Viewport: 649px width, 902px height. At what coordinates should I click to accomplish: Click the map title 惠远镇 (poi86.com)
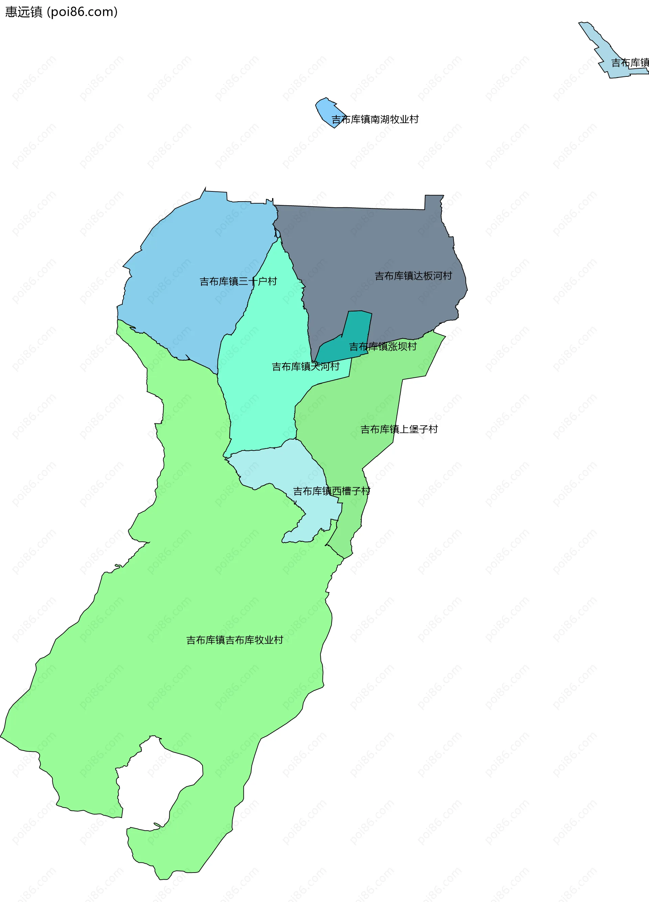[61, 12]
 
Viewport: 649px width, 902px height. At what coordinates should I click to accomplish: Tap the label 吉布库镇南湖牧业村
[375, 119]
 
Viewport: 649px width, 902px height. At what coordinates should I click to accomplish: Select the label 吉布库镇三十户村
[238, 282]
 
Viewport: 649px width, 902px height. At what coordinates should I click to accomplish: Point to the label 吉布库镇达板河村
[413, 276]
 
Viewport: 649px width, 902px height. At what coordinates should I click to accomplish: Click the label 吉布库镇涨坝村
[383, 347]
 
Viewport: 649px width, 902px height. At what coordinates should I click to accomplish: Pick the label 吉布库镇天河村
[306, 367]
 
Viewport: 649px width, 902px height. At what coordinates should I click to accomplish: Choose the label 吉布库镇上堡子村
[399, 430]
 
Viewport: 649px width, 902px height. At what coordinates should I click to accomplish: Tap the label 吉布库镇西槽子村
[332, 491]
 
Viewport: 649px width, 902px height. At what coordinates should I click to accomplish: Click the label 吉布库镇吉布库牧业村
[235, 640]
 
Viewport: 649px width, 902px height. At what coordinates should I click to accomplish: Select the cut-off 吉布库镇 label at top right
[630, 63]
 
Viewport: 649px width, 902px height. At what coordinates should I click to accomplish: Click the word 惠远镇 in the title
[24, 12]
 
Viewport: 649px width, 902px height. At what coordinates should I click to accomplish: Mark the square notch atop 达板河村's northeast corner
[434, 201]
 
